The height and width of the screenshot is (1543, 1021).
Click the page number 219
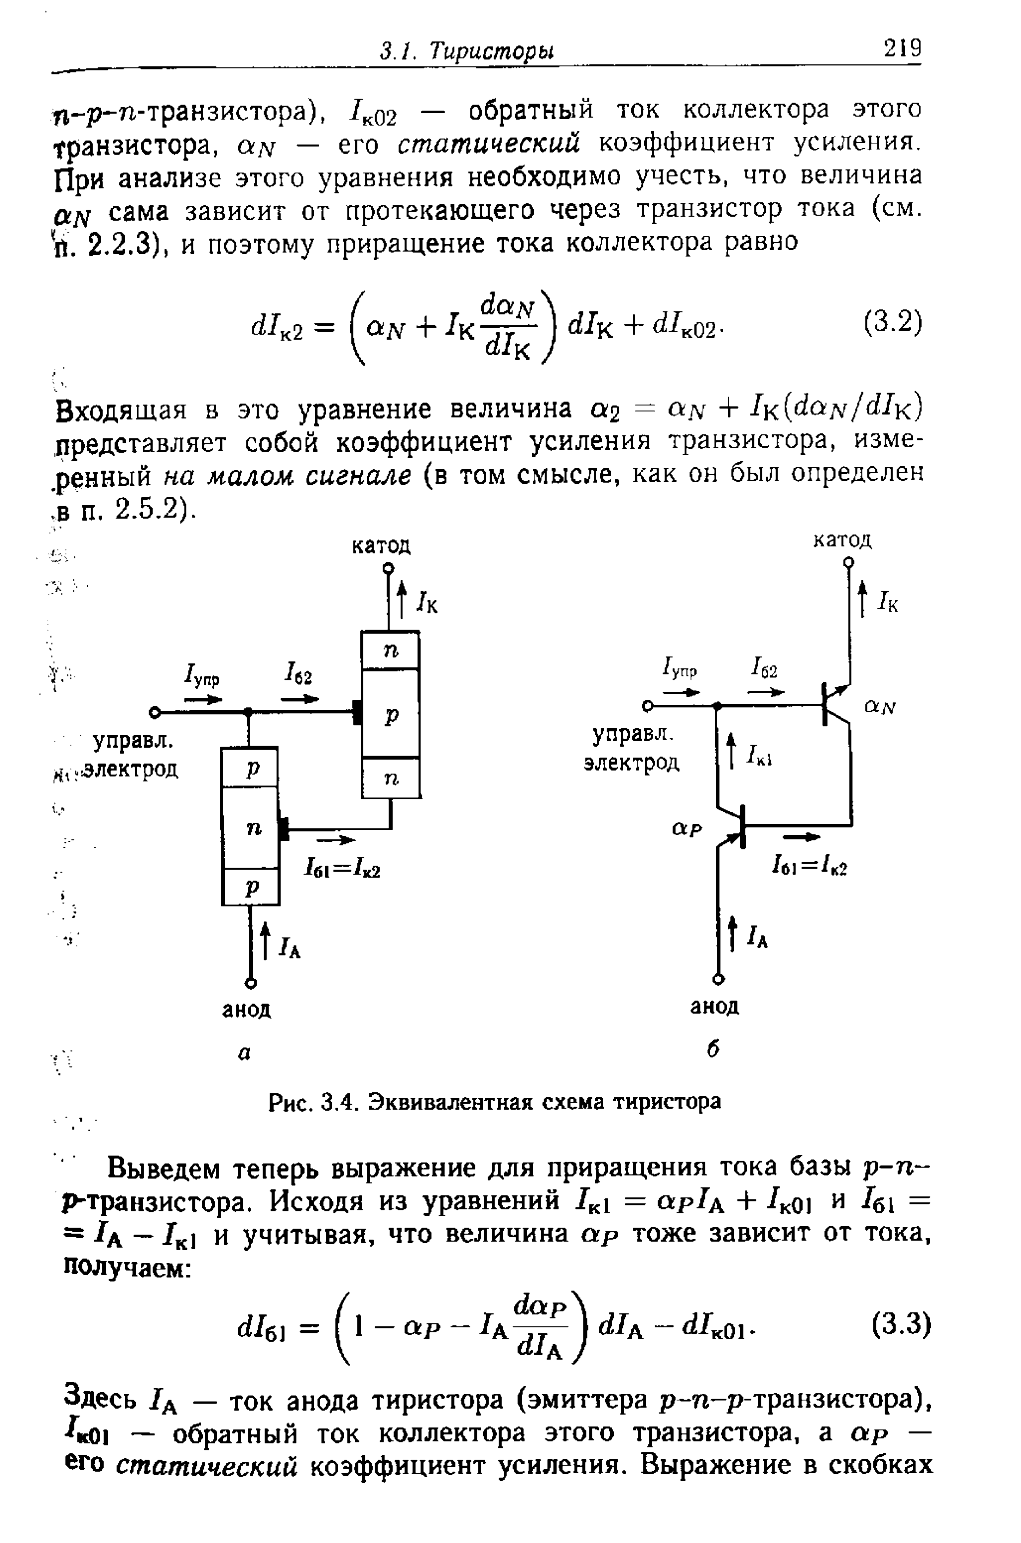(902, 49)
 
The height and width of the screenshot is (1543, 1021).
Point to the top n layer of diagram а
(390, 650)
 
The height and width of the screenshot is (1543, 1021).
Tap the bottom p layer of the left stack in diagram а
(251, 887)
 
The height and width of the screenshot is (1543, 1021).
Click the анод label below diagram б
(714, 1007)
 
